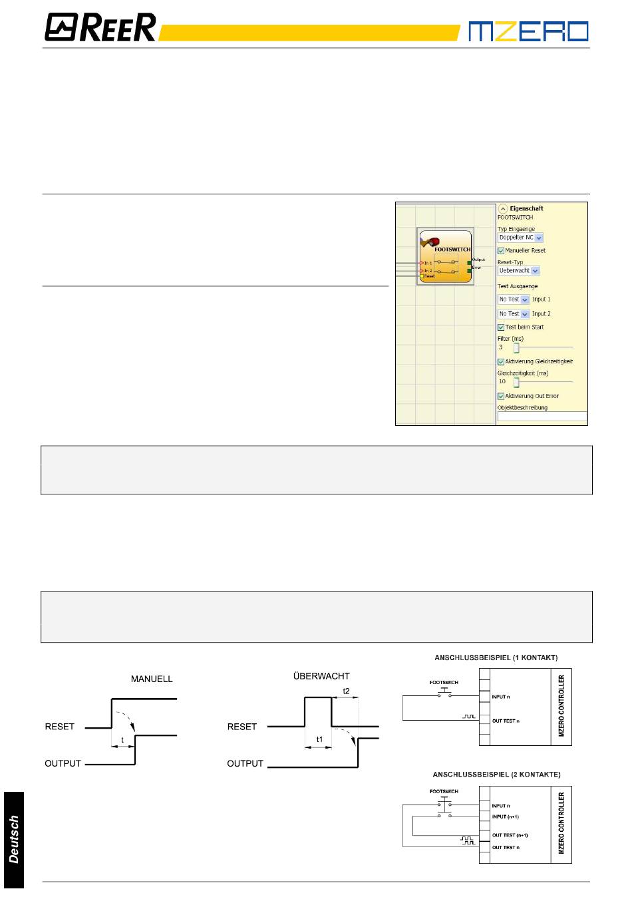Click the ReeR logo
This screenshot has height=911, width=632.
[x=100, y=28]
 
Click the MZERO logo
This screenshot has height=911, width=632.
[x=528, y=31]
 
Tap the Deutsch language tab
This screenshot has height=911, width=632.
[x=13, y=839]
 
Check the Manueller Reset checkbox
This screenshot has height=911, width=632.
[x=501, y=251]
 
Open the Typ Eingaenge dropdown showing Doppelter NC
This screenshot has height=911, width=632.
[x=520, y=238]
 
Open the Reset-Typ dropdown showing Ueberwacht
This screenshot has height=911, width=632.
[x=519, y=271]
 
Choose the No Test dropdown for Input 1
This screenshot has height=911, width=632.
[x=514, y=299]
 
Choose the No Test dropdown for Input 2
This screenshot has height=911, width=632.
[x=514, y=314]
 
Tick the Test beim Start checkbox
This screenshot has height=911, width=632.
[x=501, y=327]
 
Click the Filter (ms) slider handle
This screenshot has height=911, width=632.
[x=516, y=347]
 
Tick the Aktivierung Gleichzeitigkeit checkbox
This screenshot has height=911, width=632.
[x=501, y=362]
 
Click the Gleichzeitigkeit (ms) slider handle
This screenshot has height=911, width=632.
[x=516, y=382]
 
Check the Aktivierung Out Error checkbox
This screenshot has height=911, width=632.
[x=501, y=397]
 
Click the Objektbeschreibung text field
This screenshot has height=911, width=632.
[x=542, y=417]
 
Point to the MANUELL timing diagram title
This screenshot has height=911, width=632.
[x=152, y=679]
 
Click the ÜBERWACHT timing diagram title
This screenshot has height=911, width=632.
[x=321, y=676]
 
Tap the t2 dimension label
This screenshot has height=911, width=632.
[x=346, y=691]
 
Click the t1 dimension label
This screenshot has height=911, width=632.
[x=319, y=739]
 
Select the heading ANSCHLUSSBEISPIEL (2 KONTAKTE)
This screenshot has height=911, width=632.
[x=496, y=775]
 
